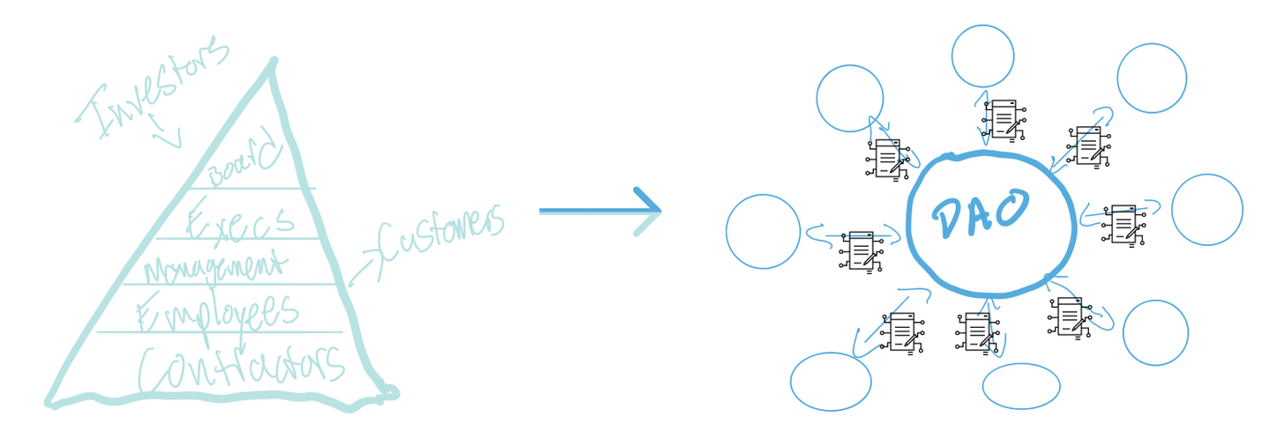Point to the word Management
(x=214, y=266)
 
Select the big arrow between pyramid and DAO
(x=601, y=212)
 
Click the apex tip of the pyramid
(x=274, y=60)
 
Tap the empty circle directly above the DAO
(x=982, y=56)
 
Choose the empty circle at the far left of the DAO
(x=763, y=232)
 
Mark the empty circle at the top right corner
(x=1152, y=78)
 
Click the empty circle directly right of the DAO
(x=1207, y=210)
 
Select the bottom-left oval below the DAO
(x=831, y=381)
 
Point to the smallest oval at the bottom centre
(x=1021, y=386)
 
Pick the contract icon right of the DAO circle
(x=1123, y=226)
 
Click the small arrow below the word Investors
(x=165, y=130)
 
